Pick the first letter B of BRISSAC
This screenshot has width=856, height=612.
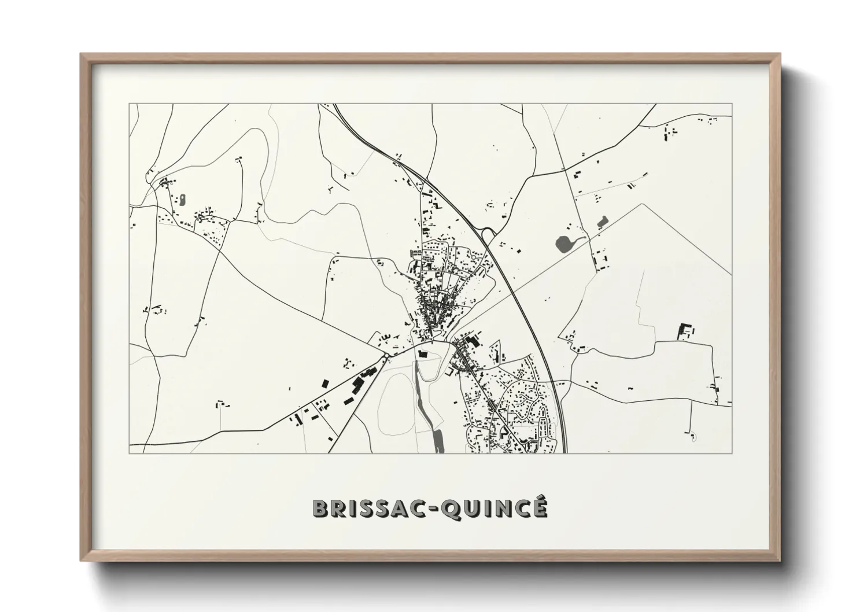click(319, 508)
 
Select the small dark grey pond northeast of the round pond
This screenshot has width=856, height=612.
click(603, 220)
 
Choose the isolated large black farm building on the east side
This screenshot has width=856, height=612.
click(684, 331)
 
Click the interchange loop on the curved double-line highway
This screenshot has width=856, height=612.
click(488, 235)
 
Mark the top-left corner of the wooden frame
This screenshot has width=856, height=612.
click(82, 55)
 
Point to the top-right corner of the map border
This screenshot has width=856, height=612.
click(732, 104)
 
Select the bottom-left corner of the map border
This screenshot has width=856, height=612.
click(129, 453)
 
